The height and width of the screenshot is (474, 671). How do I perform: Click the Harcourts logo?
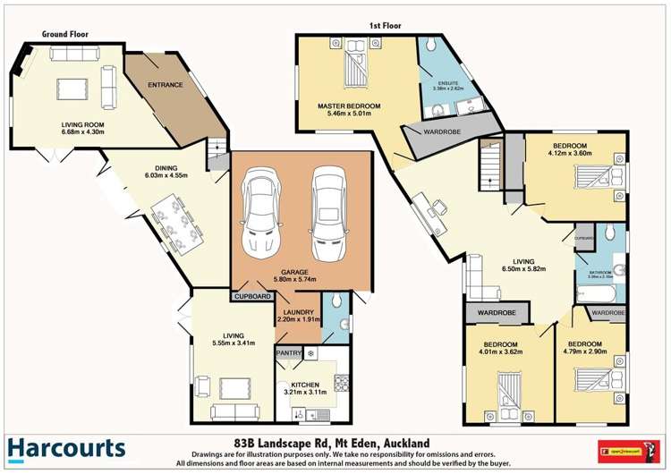tap(67, 447)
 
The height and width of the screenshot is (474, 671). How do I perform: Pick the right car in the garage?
tap(327, 214)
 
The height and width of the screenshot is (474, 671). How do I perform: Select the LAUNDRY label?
tap(299, 312)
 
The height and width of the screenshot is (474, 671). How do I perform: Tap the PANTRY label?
tap(289, 353)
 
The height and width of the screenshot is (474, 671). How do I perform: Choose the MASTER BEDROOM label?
tap(349, 106)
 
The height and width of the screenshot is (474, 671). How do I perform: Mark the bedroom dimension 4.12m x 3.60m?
tap(569, 154)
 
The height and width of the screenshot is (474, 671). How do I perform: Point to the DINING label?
tap(166, 168)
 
